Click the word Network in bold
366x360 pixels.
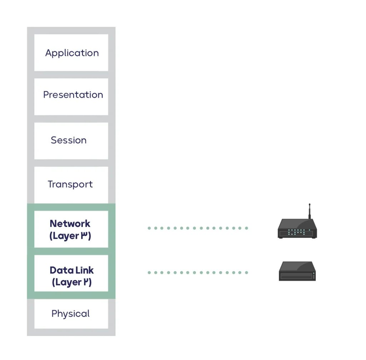coord(70,224)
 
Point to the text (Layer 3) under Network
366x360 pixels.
coord(70,236)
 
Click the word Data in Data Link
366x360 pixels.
coord(59,270)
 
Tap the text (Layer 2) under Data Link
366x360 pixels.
coord(72,282)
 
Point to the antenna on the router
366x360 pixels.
coord(310,211)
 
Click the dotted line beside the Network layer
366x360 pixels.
coord(198,228)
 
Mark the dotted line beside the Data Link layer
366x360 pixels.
coord(198,273)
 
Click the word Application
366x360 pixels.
coord(72,53)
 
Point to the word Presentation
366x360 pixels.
coord(73,95)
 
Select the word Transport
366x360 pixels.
coord(70,184)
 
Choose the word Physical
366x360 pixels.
coord(70,314)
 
